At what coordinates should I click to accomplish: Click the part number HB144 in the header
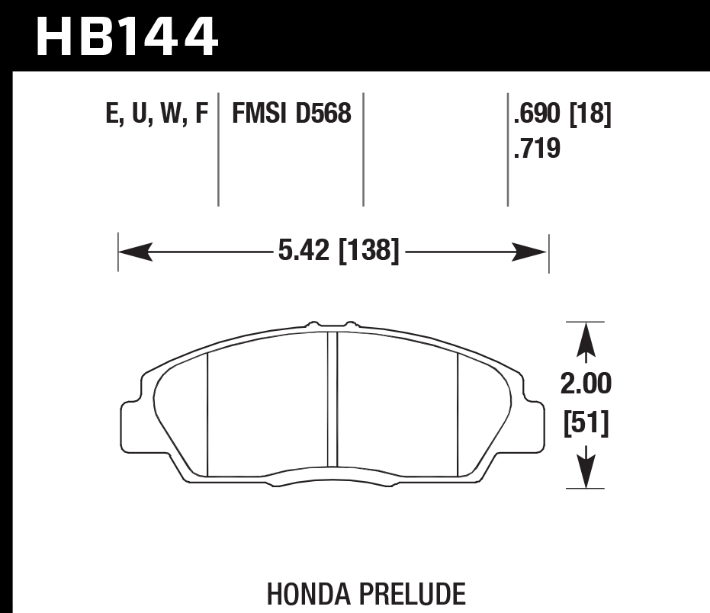[x=127, y=36]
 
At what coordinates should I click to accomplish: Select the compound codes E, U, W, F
[x=156, y=115]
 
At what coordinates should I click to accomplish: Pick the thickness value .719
[x=538, y=148]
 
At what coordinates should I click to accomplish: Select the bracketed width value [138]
[x=367, y=250]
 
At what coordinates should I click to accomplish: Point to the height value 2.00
[x=586, y=384]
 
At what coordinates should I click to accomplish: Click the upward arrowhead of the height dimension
[x=585, y=340]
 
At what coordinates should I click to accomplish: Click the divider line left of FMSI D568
[x=219, y=149]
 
